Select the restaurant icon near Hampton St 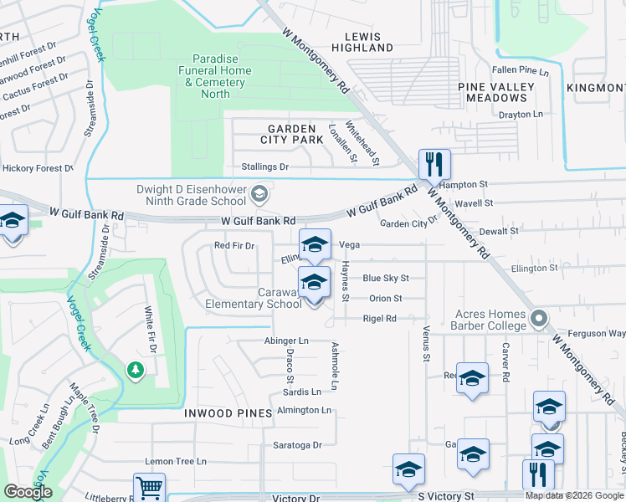coord(434,163)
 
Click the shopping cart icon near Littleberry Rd coord(149,487)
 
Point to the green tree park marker coord(134,369)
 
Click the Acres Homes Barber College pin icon coord(538,319)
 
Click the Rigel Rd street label coord(379,319)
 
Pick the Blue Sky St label coord(385,279)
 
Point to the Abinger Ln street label coord(286,341)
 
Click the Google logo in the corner coord(28,492)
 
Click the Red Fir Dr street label coord(233,246)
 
